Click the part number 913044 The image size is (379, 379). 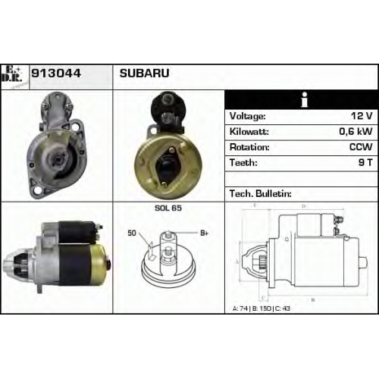click(56, 74)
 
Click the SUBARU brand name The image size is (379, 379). click(144, 74)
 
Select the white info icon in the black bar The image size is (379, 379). click(305, 100)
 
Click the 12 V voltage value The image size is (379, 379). click(362, 116)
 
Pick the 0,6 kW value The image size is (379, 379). click(356, 132)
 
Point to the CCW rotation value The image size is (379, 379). click(361, 147)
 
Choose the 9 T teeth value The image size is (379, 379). click(365, 163)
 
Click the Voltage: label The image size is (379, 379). click(247, 116)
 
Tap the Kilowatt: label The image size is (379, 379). click(249, 132)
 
